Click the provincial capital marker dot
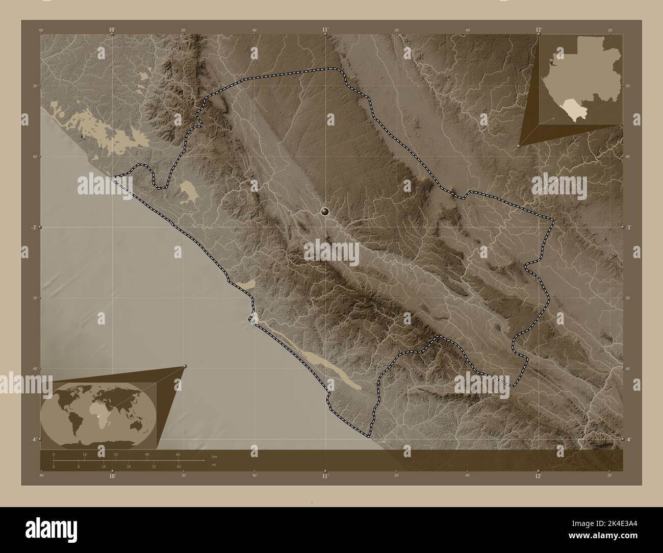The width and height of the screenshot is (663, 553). coord(325,211)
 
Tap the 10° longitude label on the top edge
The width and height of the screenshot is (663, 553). coord(112,31)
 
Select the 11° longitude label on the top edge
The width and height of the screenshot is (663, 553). coord(325,31)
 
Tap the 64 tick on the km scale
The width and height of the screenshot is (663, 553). coord(178,454)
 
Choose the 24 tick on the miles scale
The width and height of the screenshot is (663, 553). coord(128,467)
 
